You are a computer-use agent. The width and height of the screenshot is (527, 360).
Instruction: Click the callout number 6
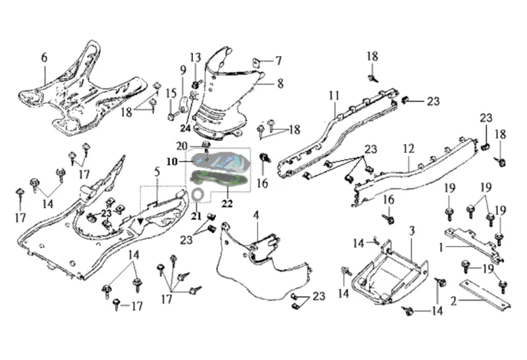coord(45,57)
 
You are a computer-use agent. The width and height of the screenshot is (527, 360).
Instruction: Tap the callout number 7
coord(279,61)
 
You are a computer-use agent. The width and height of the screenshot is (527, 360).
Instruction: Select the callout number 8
coord(280,84)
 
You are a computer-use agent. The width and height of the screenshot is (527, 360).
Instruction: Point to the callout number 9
coord(183,71)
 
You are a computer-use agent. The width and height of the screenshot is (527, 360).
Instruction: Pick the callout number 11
coord(334,96)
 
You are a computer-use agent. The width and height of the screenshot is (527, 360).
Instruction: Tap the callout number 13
coord(196,57)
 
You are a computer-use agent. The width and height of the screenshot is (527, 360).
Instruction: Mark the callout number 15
coord(170,93)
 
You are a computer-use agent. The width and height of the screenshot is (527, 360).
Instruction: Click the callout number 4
coord(256,215)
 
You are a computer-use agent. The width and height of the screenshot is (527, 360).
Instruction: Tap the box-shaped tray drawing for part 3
coord(385,274)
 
